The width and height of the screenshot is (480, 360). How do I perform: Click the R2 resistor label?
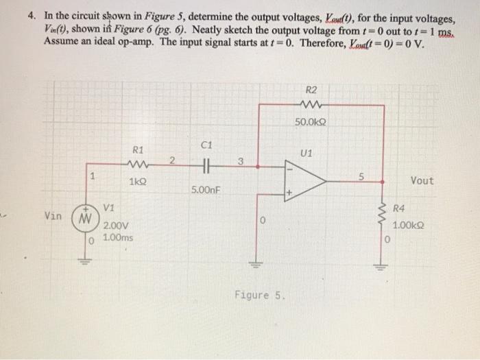pyautogui.click(x=311, y=89)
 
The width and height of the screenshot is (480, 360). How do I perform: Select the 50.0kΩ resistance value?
pyautogui.click(x=311, y=122)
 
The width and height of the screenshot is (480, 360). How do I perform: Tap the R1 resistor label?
pyautogui.click(x=138, y=149)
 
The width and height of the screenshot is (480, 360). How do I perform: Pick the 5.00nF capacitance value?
pyautogui.click(x=206, y=189)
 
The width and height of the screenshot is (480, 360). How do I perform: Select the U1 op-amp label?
pyautogui.click(x=307, y=153)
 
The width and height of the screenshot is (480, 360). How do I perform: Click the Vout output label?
pyautogui.click(x=422, y=180)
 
